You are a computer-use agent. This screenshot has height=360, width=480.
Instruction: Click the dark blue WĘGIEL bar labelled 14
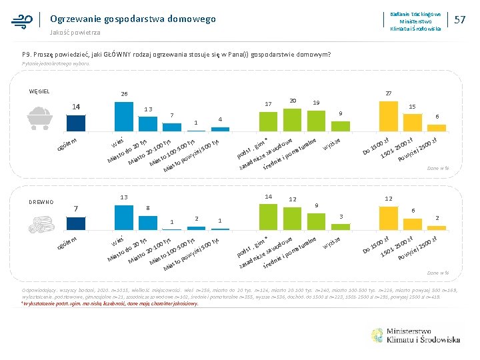tap(75, 123)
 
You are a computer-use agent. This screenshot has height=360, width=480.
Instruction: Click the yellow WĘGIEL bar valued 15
tap(412, 121)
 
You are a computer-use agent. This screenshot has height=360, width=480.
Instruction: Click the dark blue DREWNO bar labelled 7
tap(75, 221)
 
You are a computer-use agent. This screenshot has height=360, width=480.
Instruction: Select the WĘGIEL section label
tap(40, 92)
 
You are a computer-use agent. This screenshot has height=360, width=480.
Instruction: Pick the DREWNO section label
tap(41, 202)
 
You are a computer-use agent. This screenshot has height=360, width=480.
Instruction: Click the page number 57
tap(459, 20)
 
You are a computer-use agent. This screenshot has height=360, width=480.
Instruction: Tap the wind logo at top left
tap(22, 21)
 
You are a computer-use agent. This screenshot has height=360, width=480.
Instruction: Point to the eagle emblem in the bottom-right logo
tap(378, 335)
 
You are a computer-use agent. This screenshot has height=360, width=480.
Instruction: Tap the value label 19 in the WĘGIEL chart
tap(316, 103)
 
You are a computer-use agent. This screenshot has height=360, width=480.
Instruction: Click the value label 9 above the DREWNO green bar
tap(317, 205)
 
